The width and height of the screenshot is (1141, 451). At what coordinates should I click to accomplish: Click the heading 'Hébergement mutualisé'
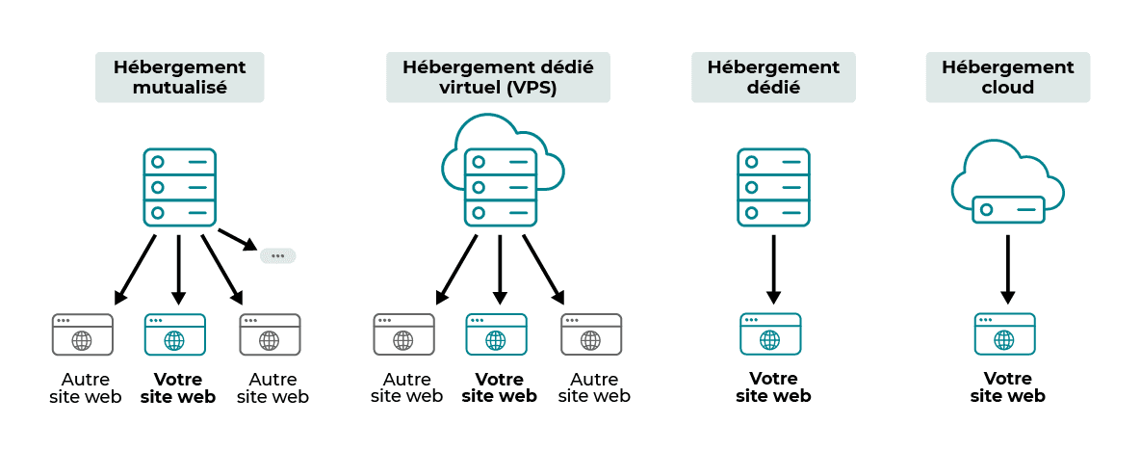click(x=179, y=77)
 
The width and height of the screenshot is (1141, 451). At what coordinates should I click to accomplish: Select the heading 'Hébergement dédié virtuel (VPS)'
click(x=498, y=77)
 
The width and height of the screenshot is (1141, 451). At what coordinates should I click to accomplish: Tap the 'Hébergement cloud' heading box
click(x=1007, y=77)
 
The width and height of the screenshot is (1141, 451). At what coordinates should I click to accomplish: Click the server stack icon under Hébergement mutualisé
click(x=179, y=187)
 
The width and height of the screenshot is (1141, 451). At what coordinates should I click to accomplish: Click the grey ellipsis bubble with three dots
click(x=277, y=255)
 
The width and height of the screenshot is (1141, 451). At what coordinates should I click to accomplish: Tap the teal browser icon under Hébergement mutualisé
click(x=174, y=334)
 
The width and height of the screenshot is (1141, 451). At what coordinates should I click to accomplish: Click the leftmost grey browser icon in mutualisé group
click(x=82, y=334)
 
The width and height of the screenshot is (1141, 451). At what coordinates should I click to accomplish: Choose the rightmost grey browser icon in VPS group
click(x=591, y=334)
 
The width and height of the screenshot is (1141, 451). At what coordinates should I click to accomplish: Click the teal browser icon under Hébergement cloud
click(x=1004, y=334)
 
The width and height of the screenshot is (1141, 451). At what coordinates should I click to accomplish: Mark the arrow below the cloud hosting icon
click(x=1007, y=269)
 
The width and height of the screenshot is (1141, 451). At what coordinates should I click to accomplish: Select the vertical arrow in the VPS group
click(x=500, y=269)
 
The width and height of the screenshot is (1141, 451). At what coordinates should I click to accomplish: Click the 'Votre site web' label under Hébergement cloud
click(x=1007, y=387)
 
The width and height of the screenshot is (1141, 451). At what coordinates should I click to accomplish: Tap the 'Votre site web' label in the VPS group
click(x=499, y=387)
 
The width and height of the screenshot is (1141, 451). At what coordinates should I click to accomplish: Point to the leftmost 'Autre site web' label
click(x=86, y=387)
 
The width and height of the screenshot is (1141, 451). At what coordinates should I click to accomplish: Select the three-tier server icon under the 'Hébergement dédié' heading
click(x=773, y=187)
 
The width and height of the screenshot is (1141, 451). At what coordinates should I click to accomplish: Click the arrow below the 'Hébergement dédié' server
click(x=773, y=269)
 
